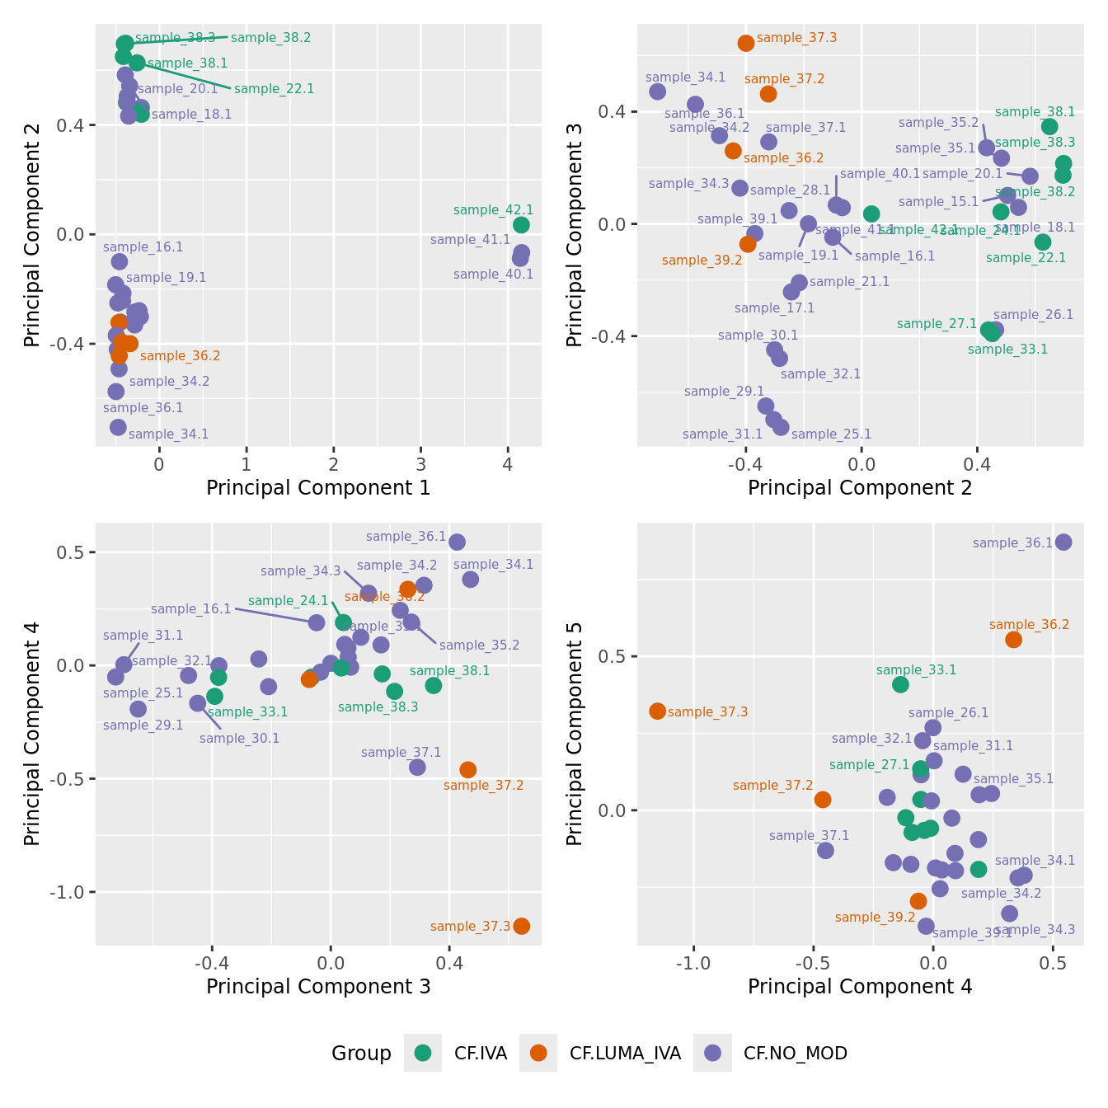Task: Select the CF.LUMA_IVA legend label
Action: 625,1053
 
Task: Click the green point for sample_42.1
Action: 521,225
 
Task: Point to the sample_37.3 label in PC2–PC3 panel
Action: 796,38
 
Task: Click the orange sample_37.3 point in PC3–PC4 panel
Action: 521,926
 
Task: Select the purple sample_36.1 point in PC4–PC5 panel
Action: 1063,542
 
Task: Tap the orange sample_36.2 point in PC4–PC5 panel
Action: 1013,640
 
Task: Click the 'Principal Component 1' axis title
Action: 318,488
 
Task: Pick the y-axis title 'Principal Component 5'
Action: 575,734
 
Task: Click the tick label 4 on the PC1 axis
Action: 508,464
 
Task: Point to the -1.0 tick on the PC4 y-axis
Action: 73,892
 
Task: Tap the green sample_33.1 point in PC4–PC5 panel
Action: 900,684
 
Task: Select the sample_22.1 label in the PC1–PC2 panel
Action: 274,89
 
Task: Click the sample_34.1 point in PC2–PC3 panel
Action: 657,92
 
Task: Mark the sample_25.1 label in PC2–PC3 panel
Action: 831,434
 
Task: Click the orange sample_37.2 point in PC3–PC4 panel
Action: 467,769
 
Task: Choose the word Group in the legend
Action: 361,1054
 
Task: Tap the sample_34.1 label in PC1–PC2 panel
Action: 168,434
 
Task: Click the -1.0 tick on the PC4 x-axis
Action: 693,962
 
